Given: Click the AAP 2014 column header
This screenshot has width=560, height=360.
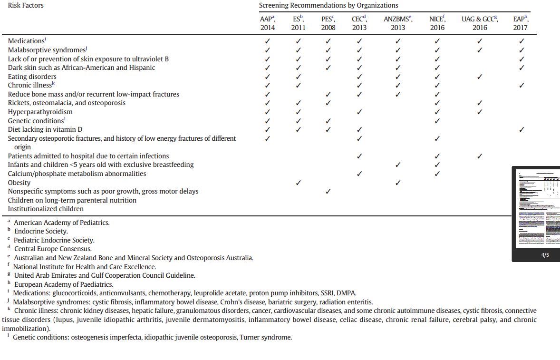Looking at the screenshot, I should (268, 23).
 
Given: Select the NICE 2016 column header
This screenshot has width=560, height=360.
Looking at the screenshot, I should (437, 23).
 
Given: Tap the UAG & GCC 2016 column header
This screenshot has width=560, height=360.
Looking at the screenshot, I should (480, 23).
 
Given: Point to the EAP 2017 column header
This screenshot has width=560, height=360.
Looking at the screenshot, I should (521, 23).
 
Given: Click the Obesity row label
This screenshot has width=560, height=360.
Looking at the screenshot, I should (19, 183).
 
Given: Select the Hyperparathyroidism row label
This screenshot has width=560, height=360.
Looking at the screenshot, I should (40, 112).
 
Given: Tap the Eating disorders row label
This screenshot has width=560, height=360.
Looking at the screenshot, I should (32, 77).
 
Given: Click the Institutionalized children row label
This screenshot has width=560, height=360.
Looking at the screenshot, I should (46, 209).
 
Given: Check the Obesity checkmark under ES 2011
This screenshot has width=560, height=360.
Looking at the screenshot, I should (298, 183).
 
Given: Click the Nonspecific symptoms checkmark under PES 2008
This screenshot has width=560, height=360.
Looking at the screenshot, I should (328, 191).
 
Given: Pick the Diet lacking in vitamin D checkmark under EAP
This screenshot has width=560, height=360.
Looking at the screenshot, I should (521, 129).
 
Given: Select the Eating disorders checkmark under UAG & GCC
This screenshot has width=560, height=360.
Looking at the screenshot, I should (480, 77).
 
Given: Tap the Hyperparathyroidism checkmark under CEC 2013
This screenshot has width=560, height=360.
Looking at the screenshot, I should (359, 112).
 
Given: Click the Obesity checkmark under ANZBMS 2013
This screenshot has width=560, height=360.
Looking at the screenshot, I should (398, 183).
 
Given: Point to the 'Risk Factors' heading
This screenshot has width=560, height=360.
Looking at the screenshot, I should (26, 5).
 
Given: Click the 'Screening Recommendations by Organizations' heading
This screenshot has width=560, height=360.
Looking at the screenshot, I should (328, 5).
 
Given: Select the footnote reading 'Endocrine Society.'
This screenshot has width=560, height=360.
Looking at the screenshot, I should (41, 231).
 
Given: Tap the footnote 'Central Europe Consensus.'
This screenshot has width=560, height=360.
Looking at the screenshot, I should (53, 249).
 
